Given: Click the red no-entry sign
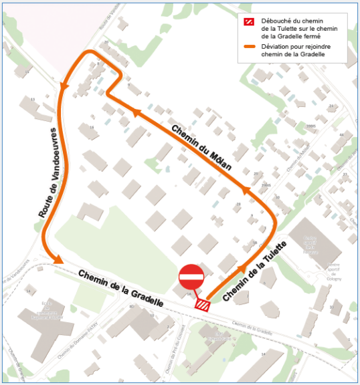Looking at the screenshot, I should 191,276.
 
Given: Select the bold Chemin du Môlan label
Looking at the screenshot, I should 201,148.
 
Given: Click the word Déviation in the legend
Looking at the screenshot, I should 274,47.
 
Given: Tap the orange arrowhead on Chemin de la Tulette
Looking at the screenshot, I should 241,269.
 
